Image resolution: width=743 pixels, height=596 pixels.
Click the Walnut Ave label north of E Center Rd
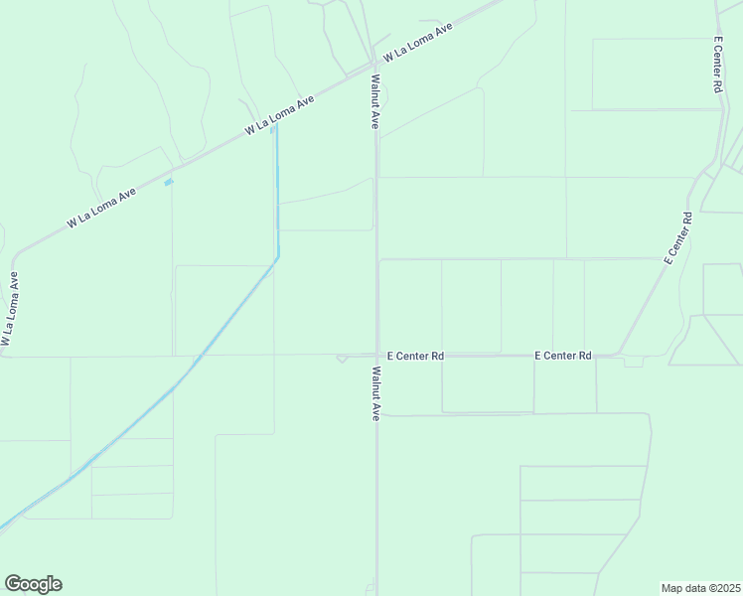(375, 101)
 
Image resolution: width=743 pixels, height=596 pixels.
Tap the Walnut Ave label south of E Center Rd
(375, 394)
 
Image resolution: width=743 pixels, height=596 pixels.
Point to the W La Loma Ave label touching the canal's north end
(281, 116)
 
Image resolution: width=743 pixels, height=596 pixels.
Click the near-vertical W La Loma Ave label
(10, 309)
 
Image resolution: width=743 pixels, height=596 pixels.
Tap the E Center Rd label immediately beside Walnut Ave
(414, 356)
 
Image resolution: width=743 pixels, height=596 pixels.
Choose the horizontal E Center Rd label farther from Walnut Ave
(562, 356)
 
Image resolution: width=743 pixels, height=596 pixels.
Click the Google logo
(33, 584)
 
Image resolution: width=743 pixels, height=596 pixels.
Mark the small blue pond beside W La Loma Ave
(168, 182)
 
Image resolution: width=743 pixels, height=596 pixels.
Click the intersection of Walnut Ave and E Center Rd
(376, 355)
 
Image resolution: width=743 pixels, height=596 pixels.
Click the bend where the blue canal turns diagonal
(277, 258)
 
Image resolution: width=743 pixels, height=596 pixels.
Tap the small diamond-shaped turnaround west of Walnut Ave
(342, 358)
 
